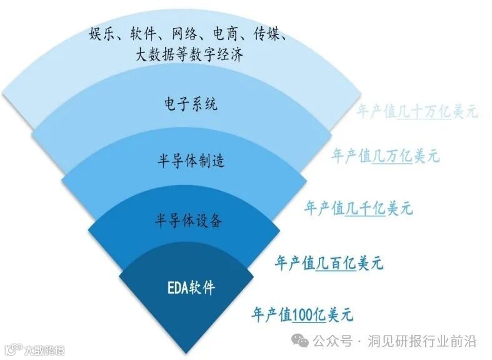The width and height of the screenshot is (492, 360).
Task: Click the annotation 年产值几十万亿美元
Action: [x=417, y=112]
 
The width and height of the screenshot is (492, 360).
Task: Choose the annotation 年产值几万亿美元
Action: [x=385, y=156]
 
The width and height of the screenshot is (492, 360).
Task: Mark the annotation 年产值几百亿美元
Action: [x=329, y=263]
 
